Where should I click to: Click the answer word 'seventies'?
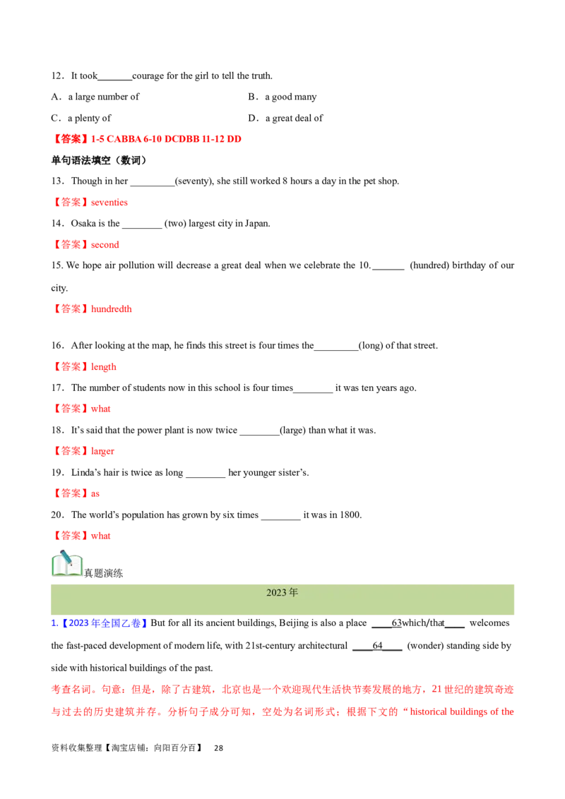point(109,203)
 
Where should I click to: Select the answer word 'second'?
point(105,245)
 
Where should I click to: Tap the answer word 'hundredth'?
point(111,308)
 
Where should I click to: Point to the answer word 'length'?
point(104,367)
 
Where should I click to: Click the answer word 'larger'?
point(102,452)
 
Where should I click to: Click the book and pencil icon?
point(67,563)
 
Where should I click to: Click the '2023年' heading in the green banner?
point(282,593)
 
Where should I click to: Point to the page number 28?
point(218,748)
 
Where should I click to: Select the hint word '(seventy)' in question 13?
point(194,181)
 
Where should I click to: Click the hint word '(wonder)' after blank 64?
point(425,646)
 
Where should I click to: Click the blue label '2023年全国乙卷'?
point(105,623)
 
